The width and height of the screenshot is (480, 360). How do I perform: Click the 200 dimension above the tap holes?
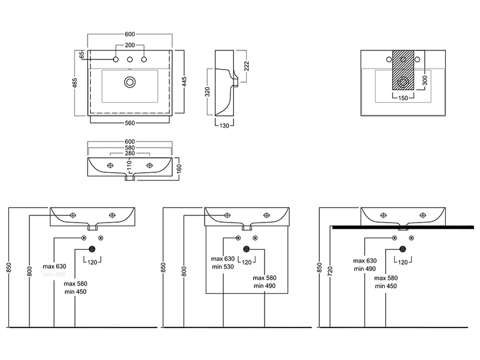(130, 46)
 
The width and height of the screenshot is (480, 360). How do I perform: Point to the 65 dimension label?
(81, 55)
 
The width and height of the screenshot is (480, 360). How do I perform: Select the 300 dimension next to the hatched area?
(424, 79)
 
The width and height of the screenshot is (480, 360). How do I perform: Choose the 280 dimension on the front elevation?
(130, 154)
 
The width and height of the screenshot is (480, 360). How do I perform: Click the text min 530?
(221, 266)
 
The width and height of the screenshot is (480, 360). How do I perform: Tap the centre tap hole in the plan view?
(130, 59)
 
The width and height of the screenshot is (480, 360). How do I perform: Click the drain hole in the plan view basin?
(130, 82)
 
